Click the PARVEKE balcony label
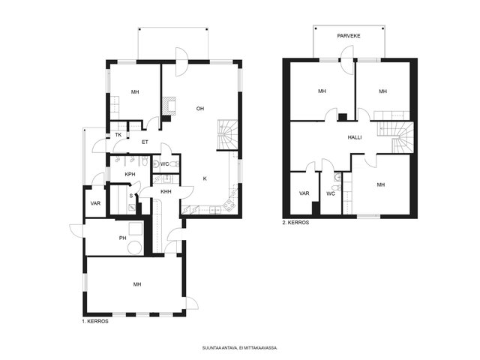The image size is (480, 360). pos(349,36)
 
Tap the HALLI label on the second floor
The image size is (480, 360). pos(355,137)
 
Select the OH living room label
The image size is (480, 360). pos(200,109)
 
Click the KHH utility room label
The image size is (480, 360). pos(166,192)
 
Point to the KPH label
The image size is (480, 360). pos(130,175)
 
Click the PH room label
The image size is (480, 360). pos(122,238)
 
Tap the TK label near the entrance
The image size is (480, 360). pos(118,135)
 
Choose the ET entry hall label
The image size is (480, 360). pos(145,142)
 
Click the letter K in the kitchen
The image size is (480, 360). pos(205,178)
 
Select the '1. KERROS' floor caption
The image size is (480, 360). pos(95,322)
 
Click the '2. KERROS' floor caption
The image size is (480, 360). pos(295,223)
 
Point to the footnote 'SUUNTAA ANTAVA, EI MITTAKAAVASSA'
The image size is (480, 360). pos(240,348)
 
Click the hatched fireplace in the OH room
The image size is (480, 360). pos(168,106)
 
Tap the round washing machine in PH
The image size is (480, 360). pos(135,247)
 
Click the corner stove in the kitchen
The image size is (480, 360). pos(229,205)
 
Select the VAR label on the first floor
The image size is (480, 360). pos(95,203)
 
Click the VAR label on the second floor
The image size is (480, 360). pos(304,193)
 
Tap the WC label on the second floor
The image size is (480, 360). pos(331,193)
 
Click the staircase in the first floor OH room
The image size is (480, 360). pos(228,135)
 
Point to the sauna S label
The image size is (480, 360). pos(131,196)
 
